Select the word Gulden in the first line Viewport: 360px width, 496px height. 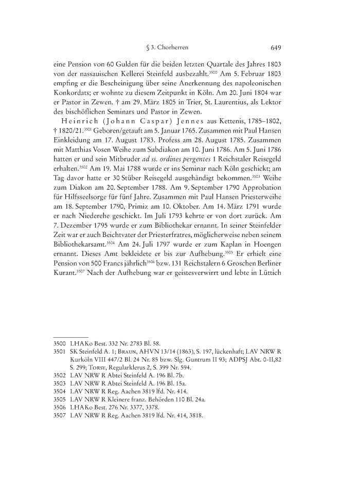(x=111, y=66)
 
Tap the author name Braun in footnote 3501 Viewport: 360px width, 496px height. (x=119, y=352)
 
